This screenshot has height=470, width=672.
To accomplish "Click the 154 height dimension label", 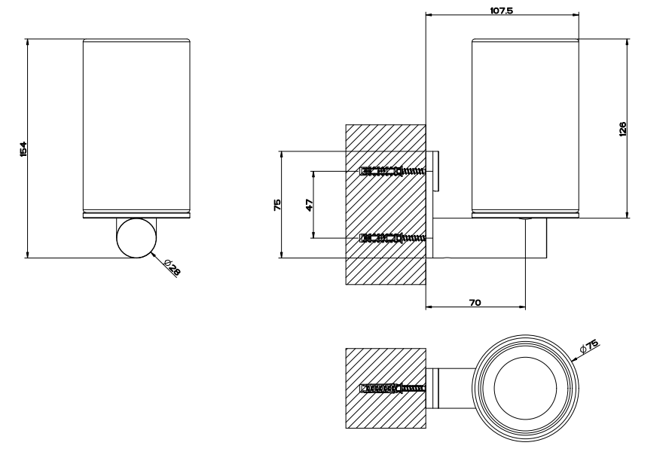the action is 23,148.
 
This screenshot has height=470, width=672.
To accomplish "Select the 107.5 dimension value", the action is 502,11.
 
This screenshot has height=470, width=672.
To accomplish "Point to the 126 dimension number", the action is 623,129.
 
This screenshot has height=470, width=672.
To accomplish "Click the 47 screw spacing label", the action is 310,205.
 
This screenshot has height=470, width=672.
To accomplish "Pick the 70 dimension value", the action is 475,303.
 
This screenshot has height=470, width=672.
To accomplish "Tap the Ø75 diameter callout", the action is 588,345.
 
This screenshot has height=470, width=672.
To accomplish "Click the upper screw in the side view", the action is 393,172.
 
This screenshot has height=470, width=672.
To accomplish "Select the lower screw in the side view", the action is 393,237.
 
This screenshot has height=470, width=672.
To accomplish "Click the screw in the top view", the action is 393,389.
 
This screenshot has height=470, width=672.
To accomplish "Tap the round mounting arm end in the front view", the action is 136,238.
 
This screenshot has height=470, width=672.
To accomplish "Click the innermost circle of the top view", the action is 525,388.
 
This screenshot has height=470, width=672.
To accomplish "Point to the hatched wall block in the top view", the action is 386,388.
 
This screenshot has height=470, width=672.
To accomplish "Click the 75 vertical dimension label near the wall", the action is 277,204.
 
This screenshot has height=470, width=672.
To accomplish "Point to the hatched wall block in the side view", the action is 386,204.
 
